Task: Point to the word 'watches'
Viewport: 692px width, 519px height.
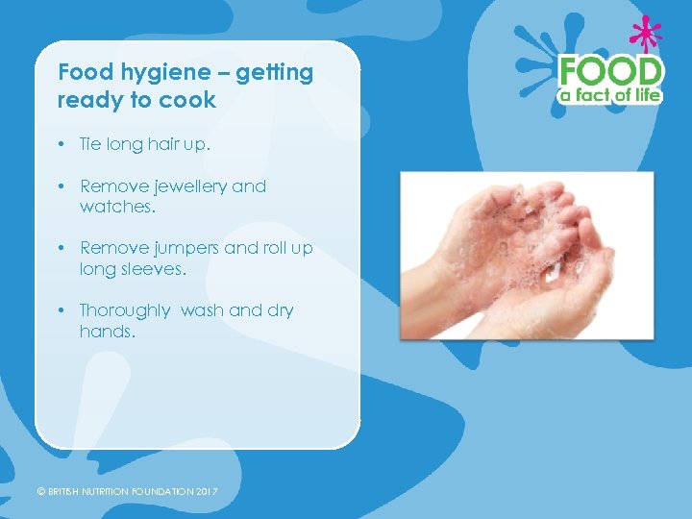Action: pyautogui.click(x=115, y=206)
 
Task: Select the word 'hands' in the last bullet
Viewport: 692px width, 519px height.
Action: pyautogui.click(x=106, y=332)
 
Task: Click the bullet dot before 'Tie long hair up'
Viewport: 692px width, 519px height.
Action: pyautogui.click(x=61, y=144)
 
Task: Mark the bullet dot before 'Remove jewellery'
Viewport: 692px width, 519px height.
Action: pyautogui.click(x=61, y=185)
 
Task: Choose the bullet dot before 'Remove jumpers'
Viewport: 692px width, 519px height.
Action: pyautogui.click(x=61, y=248)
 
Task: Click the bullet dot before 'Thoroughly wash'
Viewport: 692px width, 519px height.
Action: pyautogui.click(x=61, y=310)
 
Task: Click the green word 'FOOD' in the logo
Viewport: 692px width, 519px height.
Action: pyautogui.click(x=611, y=70)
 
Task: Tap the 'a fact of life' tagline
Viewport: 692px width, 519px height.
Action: pyautogui.click(x=611, y=95)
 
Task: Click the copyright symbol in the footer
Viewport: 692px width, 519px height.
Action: pyautogui.click(x=40, y=492)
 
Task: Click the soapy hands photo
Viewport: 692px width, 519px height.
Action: pyautogui.click(x=527, y=255)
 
